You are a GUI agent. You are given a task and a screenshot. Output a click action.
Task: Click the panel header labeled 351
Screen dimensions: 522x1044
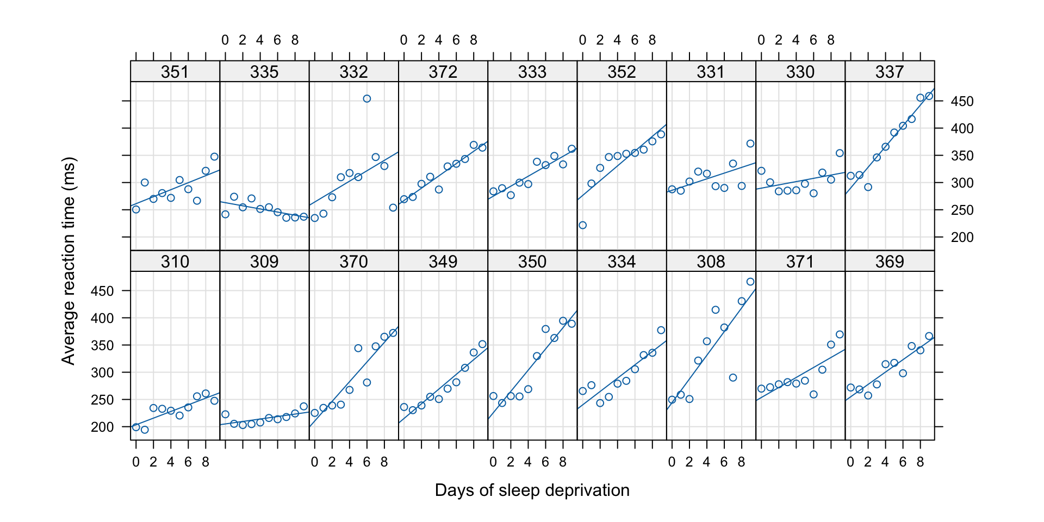tap(175, 72)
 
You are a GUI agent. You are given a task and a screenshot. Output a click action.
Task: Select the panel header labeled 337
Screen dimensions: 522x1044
tap(890, 72)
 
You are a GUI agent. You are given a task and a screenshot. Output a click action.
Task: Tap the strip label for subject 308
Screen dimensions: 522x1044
tap(711, 262)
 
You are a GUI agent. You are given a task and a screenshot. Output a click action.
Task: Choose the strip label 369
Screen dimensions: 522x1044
tap(890, 262)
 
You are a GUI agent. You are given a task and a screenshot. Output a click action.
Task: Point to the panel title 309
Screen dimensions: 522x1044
tap(264, 262)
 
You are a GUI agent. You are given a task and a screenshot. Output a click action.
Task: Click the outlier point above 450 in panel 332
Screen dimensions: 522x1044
tap(367, 98)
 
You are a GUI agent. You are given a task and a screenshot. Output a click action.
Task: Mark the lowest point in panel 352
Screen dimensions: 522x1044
tap(582, 225)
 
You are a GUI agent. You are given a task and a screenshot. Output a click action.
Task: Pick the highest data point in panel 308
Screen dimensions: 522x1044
tap(750, 282)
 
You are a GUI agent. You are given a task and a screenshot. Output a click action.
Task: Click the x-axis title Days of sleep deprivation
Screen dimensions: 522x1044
tap(532, 490)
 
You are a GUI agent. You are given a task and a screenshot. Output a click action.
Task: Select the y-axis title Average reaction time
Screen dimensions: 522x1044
tap(69, 261)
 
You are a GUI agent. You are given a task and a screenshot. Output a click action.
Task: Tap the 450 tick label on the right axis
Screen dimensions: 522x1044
tap(962, 102)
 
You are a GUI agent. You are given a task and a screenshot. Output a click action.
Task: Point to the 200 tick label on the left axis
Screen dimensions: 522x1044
tap(103, 427)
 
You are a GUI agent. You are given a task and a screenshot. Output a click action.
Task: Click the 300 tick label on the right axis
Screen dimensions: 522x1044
tap(962, 183)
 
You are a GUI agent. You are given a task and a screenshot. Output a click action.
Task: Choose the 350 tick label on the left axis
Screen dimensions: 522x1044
tap(103, 346)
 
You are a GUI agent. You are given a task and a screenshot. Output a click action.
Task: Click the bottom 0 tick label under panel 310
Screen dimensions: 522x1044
tap(136, 463)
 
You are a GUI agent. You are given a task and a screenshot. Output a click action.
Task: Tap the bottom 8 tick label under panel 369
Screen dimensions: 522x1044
tap(920, 463)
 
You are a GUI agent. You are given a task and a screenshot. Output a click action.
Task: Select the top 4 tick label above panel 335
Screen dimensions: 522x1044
tap(260, 40)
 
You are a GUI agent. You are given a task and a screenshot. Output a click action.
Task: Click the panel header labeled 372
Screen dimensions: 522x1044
tap(443, 72)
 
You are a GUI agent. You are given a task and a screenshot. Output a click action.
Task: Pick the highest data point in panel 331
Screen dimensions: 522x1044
tap(750, 144)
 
